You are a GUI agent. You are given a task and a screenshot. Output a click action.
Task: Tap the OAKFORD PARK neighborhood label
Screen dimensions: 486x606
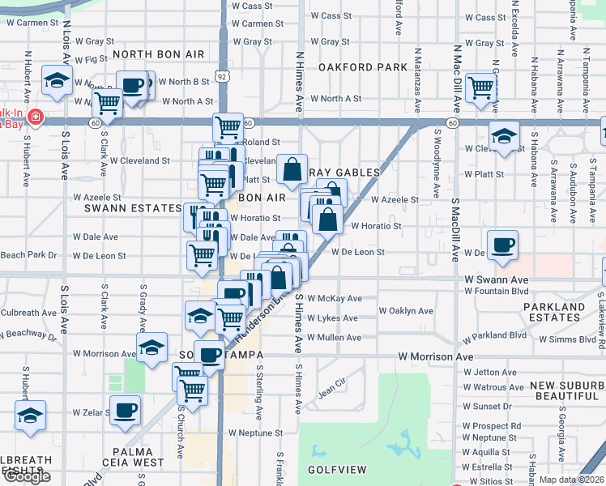point(362,67)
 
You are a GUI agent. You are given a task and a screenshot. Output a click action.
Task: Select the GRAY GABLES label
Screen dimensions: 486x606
point(345,173)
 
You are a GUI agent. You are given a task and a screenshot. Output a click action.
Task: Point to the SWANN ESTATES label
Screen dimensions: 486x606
point(133,208)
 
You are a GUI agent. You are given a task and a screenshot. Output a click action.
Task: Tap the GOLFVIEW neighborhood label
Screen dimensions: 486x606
point(337,470)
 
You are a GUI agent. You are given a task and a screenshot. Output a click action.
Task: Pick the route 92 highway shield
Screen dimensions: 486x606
point(221,76)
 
